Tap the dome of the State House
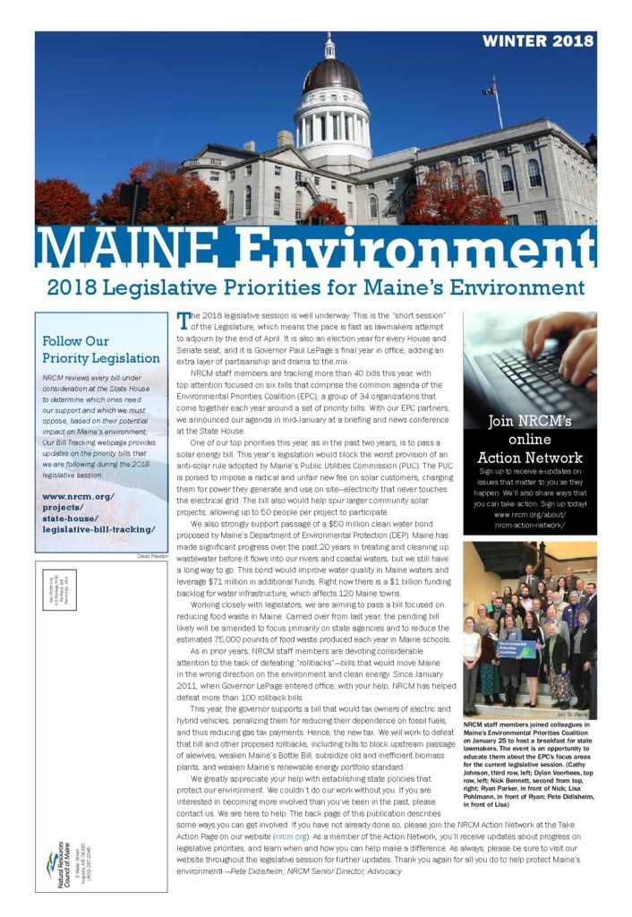(x=331, y=75)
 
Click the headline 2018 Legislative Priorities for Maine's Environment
(x=315, y=288)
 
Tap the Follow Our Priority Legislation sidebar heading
(x=101, y=349)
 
